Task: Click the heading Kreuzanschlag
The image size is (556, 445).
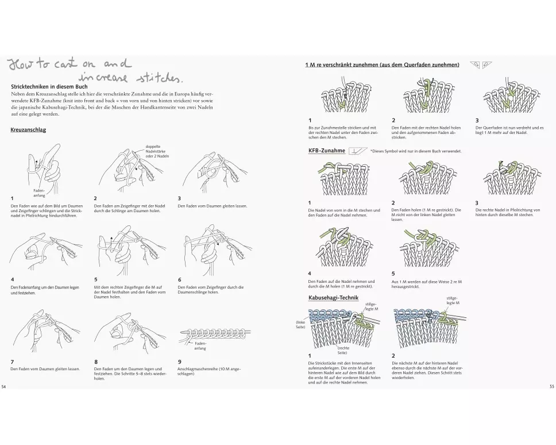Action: click(28, 130)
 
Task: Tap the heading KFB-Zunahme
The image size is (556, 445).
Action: click(327, 151)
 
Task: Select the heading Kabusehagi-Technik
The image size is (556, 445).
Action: click(334, 297)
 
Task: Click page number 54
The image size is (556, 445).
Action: click(4, 385)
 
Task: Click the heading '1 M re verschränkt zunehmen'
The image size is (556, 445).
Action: click(382, 65)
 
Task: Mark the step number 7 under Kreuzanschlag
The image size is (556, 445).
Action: click(12, 362)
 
